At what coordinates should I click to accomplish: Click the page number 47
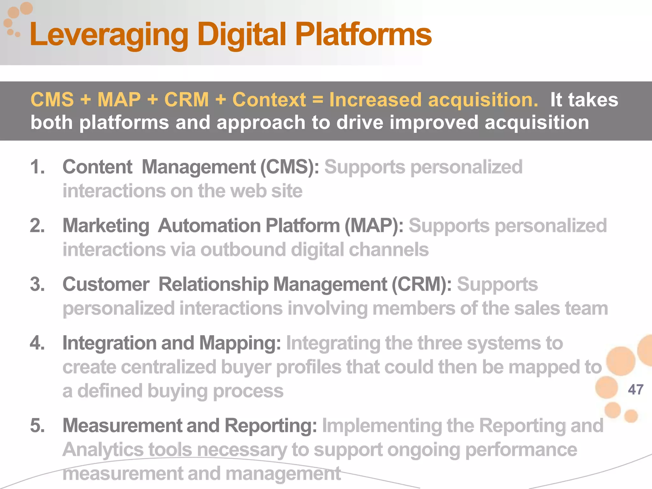(635, 390)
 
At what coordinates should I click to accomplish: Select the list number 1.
(37, 167)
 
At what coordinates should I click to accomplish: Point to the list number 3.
(37, 284)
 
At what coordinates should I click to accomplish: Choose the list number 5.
(37, 425)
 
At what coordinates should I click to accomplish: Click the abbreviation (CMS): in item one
(290, 167)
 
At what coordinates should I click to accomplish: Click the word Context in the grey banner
(269, 100)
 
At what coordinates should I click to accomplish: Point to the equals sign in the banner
(317, 100)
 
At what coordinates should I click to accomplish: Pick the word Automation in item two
(209, 226)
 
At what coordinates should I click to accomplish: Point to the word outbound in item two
(243, 249)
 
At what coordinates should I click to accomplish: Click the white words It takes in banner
(584, 100)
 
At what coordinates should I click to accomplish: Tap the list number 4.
(37, 343)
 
